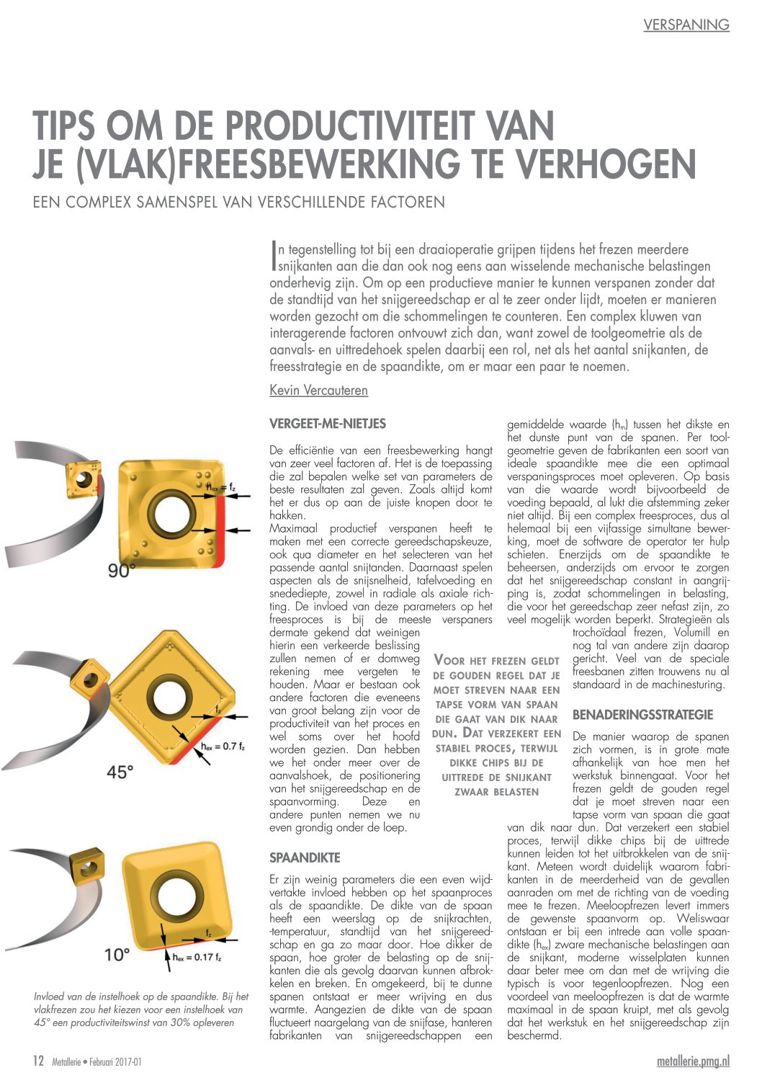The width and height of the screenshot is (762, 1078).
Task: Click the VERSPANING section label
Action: click(x=686, y=25)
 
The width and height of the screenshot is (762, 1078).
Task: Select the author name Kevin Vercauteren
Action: click(x=318, y=391)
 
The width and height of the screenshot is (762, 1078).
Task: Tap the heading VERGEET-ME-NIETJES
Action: click(x=327, y=424)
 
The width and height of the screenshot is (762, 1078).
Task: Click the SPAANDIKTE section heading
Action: click(x=305, y=858)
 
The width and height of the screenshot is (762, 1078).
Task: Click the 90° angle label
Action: click(x=122, y=571)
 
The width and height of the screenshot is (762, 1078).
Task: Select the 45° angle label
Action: click(x=120, y=772)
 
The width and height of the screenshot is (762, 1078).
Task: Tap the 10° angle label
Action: click(x=117, y=955)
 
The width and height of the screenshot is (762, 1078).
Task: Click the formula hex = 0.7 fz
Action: click(x=223, y=747)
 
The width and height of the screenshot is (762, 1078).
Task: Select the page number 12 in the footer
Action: click(x=39, y=1061)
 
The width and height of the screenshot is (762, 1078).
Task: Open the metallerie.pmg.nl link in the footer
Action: click(x=693, y=1061)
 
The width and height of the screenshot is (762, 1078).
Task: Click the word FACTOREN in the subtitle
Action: click(x=408, y=202)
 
